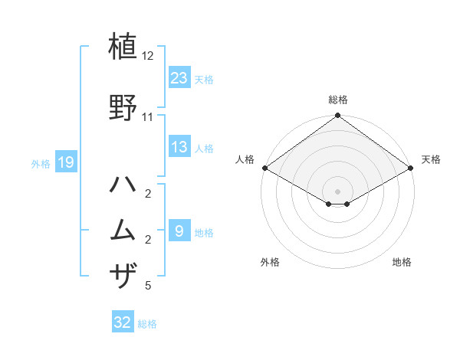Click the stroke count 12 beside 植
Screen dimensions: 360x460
coord(148,57)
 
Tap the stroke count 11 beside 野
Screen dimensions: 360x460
coord(148,117)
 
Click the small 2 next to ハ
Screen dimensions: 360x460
coord(148,193)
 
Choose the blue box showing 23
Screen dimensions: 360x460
coord(179,77)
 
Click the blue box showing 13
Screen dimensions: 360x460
coord(179,147)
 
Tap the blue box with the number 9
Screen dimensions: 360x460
coord(179,231)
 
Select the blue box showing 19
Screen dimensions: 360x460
coord(65,162)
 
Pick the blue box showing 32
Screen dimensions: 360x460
coord(123,322)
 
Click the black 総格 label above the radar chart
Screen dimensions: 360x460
coord(337,100)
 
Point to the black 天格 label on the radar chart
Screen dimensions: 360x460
coord(432,160)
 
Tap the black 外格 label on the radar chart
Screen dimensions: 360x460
coord(270,263)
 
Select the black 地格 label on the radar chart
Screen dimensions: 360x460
coord(402,263)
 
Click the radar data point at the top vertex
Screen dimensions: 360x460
coord(337,116)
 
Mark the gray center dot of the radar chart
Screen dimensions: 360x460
coord(337,191)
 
